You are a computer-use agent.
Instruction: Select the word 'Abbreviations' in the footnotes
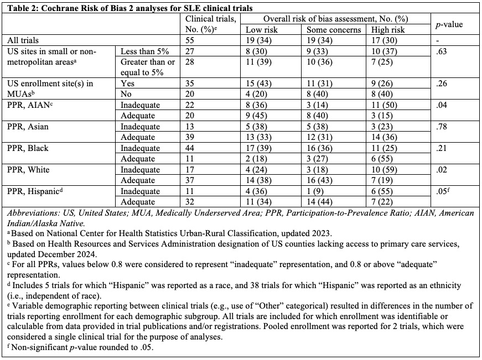pos(27,213)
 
